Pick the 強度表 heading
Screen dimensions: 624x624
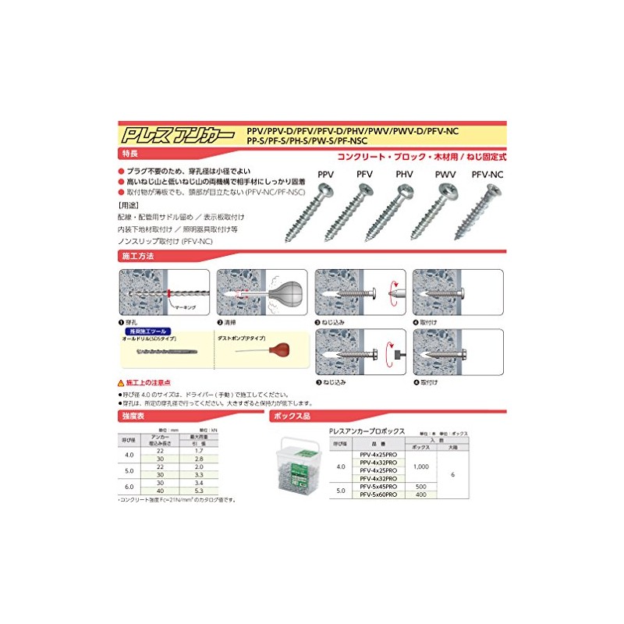point(133,418)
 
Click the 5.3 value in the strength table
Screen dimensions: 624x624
point(198,491)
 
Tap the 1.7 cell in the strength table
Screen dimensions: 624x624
point(198,451)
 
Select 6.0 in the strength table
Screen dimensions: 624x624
point(129,484)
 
